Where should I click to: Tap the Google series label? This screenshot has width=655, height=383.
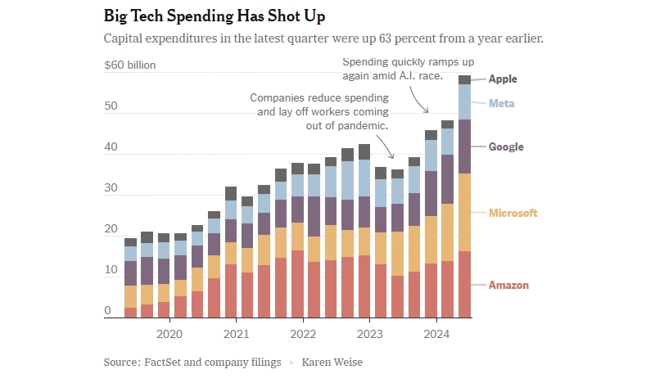click(x=506, y=147)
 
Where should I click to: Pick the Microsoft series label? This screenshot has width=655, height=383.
click(x=513, y=214)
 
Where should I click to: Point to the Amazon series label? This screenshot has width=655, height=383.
click(x=508, y=286)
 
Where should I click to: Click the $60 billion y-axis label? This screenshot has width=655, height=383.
click(x=129, y=65)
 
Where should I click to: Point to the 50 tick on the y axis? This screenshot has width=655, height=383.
click(x=111, y=107)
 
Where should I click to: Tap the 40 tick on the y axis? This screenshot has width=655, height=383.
click(x=111, y=149)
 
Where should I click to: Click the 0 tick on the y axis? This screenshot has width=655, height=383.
click(x=108, y=311)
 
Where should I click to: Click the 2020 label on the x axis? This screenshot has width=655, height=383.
click(x=169, y=334)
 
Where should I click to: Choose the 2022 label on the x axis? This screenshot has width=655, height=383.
click(x=303, y=334)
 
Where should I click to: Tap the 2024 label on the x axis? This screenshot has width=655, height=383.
click(x=437, y=334)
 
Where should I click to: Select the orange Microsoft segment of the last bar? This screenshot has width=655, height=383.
click(x=464, y=212)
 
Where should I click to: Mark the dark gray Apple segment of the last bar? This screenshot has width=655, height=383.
click(x=464, y=79)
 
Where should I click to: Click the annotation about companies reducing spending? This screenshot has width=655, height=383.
click(x=318, y=112)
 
